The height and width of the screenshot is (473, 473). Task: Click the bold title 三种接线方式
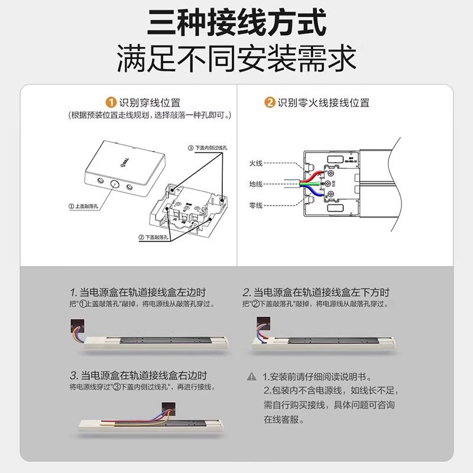237,24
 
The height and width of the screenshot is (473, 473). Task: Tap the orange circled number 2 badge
270,103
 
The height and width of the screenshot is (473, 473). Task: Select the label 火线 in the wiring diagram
255,163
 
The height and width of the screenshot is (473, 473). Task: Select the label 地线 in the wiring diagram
255,184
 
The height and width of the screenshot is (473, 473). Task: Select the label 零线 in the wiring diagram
255,205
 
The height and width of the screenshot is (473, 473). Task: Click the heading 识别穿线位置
150,103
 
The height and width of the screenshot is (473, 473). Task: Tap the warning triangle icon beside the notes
252,377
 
